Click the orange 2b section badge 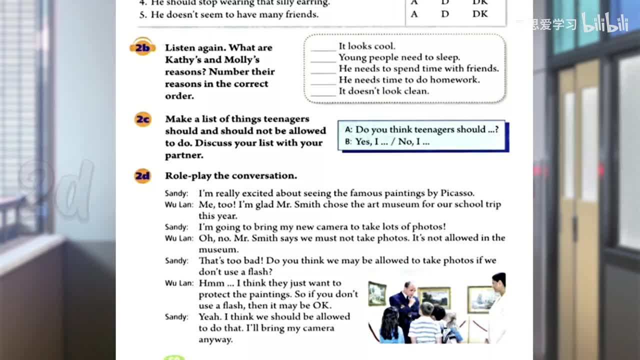(x=142, y=47)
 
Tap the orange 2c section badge (x=142, y=119)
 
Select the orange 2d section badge (x=142, y=176)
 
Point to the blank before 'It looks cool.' (x=323, y=47)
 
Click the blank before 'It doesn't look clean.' (x=323, y=92)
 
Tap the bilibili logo (x=604, y=23)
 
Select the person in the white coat (x=496, y=310)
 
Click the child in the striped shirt (x=424, y=325)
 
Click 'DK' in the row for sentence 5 (x=479, y=14)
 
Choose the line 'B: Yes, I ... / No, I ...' (x=387, y=141)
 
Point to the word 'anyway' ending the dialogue (x=215, y=339)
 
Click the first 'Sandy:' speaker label (x=176, y=193)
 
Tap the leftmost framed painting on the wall (x=377, y=293)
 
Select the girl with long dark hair (x=390, y=325)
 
